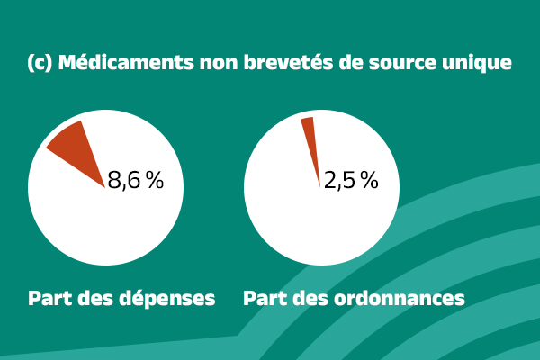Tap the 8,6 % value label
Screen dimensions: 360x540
coord(135,180)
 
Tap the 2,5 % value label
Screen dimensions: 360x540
coord(351,180)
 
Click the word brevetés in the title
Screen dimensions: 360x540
coord(286,64)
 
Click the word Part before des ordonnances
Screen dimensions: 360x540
coord(264,298)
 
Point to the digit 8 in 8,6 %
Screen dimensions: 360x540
coord(114,180)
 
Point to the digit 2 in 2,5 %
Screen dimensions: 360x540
coord(330,180)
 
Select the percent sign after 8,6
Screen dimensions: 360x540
coord(155,180)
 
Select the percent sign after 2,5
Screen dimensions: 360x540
coord(370,180)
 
